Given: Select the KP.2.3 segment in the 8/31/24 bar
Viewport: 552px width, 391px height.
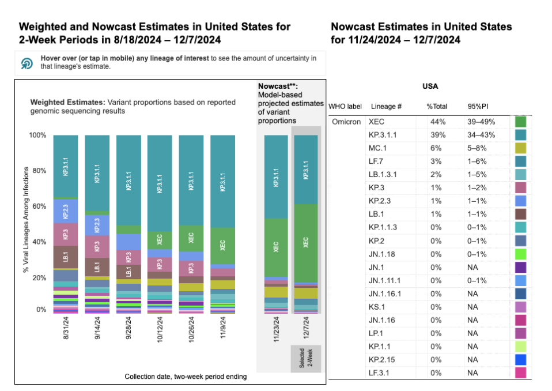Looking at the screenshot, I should (65, 211).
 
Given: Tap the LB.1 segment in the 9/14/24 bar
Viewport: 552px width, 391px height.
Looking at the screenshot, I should (97, 266).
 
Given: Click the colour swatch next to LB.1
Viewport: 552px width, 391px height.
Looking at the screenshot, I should (520, 213).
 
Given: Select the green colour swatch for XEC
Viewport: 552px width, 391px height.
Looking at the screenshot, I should (520, 122).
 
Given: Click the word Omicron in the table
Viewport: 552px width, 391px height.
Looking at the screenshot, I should (346, 122).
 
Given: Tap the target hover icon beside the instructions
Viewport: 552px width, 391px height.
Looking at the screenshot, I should (27, 63).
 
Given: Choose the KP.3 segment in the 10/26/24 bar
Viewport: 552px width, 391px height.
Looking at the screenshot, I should (191, 268).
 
